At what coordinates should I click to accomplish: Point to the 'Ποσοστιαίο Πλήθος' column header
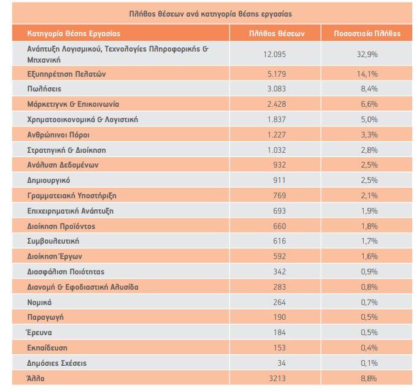coord(367,33)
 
